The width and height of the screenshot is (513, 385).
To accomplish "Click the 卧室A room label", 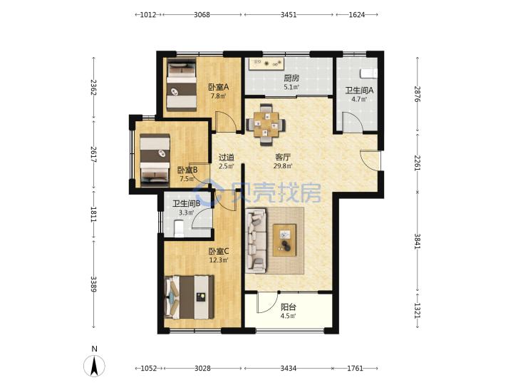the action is (219, 87).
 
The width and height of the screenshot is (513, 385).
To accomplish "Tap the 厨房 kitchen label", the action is (291, 78).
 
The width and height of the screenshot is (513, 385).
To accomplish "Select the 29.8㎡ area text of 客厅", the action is (283, 166).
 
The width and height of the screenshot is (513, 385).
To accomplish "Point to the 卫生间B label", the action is (186, 204).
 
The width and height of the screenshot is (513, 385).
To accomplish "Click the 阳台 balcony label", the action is (289, 307).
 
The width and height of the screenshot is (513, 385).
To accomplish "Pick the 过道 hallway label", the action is (227, 158).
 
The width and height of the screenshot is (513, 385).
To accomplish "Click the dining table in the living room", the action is (266, 124).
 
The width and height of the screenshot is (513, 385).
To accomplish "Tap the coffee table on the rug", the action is (284, 240).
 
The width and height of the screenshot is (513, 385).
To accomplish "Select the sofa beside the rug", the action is (256, 241).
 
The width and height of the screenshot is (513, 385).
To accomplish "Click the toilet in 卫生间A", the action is (369, 73).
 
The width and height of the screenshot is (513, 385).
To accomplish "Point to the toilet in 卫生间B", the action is (179, 228).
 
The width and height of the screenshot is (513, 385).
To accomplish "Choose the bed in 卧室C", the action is (190, 297).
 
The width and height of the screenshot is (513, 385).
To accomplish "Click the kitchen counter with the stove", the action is (266, 64).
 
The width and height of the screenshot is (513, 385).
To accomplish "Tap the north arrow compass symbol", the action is (94, 366).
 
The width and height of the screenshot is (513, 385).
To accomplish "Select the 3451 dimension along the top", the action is (289, 15).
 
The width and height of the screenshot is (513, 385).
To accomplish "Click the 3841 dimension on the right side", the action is (417, 241).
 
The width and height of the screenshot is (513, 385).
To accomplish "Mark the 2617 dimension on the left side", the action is (93, 154).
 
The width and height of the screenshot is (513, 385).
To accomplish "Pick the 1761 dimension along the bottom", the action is (355, 369).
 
